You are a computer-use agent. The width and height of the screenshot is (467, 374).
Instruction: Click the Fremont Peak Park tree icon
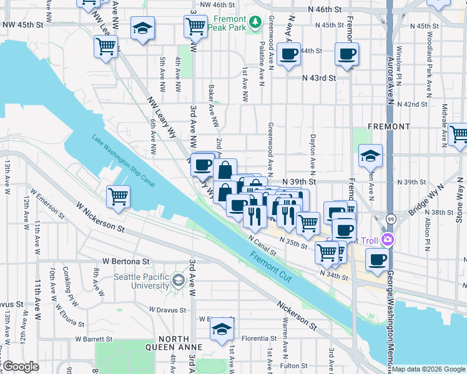(x=255, y=23)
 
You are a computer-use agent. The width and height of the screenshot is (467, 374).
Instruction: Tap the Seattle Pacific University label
(x=140, y=281)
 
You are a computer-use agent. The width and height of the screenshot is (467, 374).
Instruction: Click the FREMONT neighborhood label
(x=389, y=126)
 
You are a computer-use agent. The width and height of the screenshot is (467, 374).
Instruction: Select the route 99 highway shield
(x=390, y=219)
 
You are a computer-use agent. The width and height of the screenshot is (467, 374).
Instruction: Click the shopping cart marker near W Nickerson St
(x=118, y=197)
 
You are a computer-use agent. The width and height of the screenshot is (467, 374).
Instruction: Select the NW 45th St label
(x=22, y=25)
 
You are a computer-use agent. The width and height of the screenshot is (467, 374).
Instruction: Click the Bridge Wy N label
(x=425, y=199)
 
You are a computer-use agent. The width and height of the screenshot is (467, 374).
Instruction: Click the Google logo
(x=21, y=367)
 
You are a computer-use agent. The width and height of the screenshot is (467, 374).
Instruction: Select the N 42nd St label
(x=415, y=104)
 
